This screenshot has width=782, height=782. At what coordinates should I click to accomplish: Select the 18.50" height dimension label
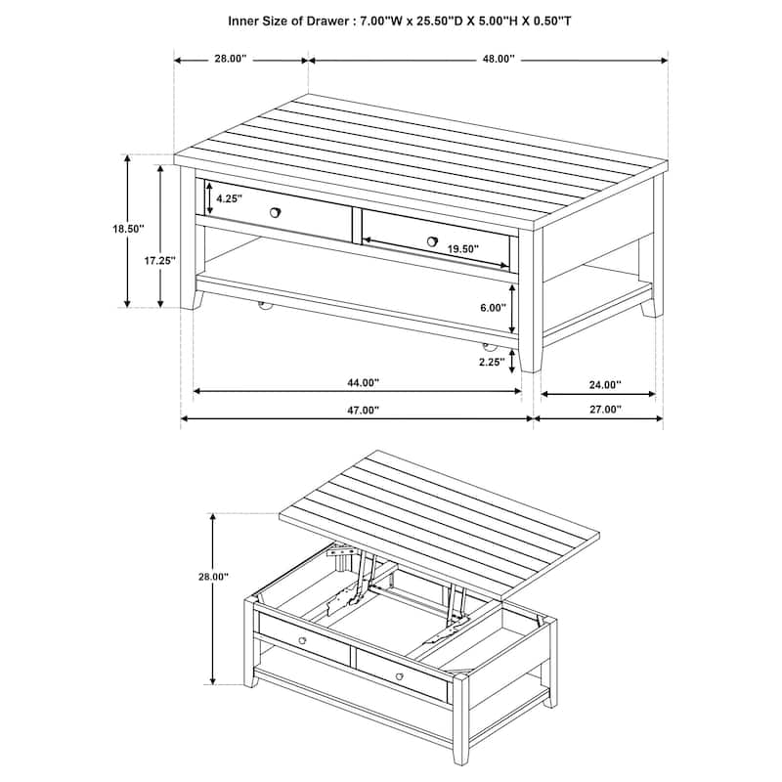128,229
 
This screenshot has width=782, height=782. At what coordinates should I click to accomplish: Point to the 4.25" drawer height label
229,198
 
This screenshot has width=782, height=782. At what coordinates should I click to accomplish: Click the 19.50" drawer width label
463,249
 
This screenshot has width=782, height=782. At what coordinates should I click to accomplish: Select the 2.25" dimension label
492,362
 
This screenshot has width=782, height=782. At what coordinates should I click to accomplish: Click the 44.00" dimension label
362,383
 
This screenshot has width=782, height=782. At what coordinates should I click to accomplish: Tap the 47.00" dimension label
362,411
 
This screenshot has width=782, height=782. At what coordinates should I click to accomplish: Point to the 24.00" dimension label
605,384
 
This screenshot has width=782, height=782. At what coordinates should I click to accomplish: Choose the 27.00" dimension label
605,411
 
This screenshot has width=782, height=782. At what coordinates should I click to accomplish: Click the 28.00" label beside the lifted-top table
212,578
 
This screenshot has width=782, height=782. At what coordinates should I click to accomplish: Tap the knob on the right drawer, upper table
432,240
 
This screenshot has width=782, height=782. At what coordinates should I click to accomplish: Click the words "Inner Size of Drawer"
286,20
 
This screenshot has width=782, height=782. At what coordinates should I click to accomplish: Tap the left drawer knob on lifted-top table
302,641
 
